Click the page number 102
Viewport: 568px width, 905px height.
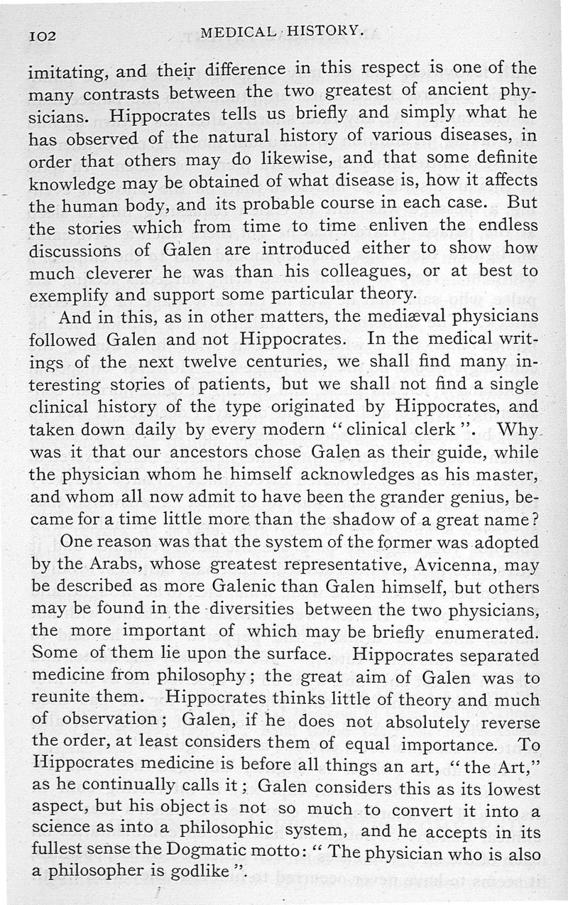[43, 35]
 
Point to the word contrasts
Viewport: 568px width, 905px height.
[130, 92]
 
